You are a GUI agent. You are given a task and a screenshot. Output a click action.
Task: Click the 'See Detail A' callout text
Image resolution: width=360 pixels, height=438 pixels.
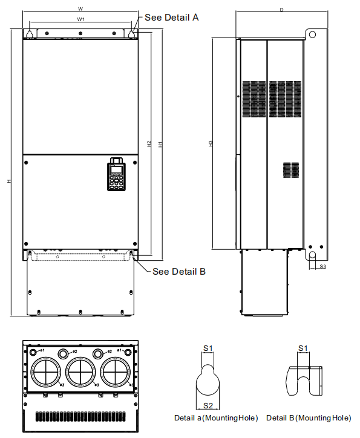click(x=172, y=18)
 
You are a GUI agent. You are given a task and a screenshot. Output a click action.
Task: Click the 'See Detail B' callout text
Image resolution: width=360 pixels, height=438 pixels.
click(x=179, y=272)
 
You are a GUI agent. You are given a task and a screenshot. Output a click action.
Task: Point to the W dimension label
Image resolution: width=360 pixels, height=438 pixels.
click(x=80, y=9)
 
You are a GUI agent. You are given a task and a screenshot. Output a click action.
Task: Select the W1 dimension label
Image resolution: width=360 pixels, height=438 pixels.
click(x=80, y=20)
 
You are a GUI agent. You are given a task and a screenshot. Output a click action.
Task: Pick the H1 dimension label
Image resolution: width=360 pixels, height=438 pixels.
click(x=160, y=145)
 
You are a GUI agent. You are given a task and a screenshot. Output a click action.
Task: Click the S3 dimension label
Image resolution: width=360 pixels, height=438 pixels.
click(x=322, y=266)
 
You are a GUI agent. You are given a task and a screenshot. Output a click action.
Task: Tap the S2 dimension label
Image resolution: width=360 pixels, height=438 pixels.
click(x=208, y=405)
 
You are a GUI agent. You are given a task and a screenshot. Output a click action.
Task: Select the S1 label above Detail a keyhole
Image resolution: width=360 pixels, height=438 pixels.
click(x=208, y=348)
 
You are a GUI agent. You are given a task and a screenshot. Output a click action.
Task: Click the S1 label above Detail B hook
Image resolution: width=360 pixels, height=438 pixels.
click(x=303, y=348)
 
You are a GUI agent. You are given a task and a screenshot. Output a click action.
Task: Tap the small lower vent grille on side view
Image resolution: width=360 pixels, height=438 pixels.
click(x=291, y=170)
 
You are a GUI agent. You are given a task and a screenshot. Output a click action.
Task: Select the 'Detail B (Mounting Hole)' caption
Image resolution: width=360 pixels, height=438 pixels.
click(x=309, y=418)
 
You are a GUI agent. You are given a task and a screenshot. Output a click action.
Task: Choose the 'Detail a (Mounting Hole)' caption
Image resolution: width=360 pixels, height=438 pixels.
click(x=216, y=418)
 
